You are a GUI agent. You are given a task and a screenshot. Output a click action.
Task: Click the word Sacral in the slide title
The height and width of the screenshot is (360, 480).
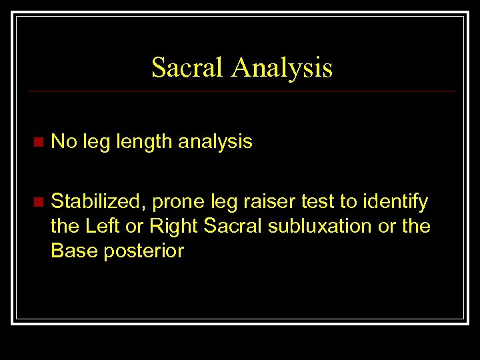click(x=187, y=67)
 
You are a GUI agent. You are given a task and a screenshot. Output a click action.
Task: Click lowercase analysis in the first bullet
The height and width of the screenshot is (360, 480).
click(x=215, y=141)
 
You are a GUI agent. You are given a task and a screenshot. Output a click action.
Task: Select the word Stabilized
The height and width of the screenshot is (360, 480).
click(x=98, y=201)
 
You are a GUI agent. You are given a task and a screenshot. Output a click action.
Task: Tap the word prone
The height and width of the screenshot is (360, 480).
click(x=177, y=201)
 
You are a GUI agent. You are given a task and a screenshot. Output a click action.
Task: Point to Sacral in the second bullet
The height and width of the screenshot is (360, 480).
click(x=233, y=226)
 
